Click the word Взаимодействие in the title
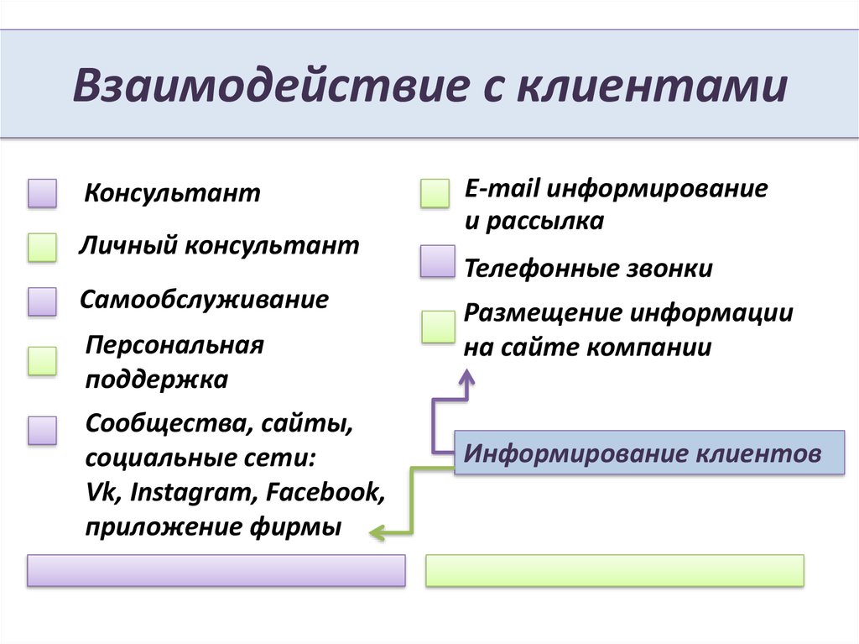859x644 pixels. (x=271, y=86)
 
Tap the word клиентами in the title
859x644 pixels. (x=652, y=86)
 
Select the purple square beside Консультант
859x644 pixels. (x=42, y=193)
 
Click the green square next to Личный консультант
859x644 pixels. (x=42, y=247)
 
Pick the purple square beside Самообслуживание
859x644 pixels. (x=42, y=301)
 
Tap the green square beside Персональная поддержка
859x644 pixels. (x=42, y=361)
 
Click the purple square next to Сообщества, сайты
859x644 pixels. (x=42, y=431)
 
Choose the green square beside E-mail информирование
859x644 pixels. (x=435, y=193)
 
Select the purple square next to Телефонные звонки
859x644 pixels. (x=438, y=261)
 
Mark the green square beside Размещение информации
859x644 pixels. (x=438, y=327)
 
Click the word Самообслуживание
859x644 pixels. (x=205, y=300)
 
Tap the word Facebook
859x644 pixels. (x=325, y=492)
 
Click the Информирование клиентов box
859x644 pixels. (x=649, y=453)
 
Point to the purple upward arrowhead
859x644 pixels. (x=466, y=377)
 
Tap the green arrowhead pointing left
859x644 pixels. (x=377, y=532)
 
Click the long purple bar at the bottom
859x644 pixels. (x=216, y=570)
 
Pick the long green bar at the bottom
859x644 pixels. (x=615, y=570)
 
